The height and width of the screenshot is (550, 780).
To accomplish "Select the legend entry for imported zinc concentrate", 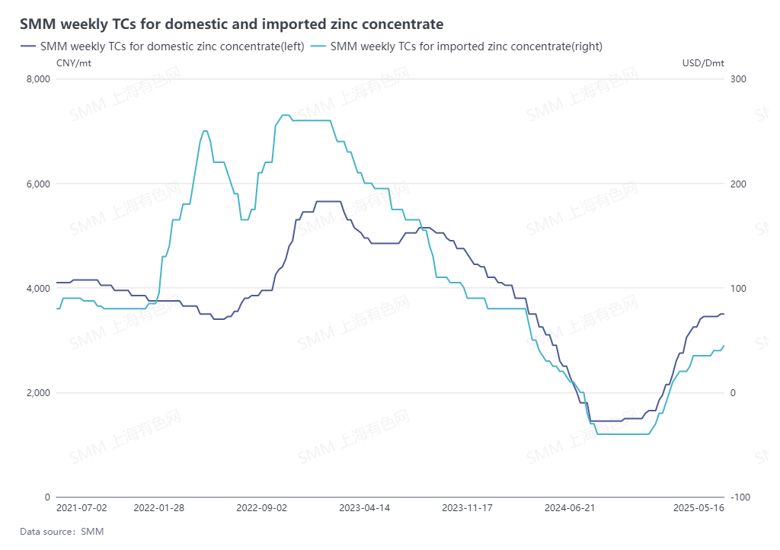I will coord(466,46).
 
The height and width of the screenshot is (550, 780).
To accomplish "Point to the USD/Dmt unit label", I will coord(703,62).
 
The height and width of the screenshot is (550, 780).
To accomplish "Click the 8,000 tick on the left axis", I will coord(37,79).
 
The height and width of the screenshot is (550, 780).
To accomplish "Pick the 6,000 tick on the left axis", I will coord(37,184).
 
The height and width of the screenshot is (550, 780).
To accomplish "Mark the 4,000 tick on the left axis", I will coord(37,288).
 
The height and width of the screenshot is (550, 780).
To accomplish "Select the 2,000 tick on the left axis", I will coord(37,392).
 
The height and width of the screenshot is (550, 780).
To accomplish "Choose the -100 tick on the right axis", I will coord(740,497).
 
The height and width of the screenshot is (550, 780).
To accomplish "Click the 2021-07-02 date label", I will coord(82,507).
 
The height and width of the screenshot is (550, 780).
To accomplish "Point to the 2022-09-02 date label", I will coord(261,507).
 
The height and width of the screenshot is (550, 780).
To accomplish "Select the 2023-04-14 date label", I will coord(364,507).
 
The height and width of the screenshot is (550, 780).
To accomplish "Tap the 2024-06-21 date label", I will coord(570,507).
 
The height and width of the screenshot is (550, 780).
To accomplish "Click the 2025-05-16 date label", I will coord(698,507).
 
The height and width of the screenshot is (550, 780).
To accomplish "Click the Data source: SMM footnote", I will coord(62,531).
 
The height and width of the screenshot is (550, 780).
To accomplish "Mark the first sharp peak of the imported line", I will coord(204,131).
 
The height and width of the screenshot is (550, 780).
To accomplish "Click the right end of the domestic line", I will coord(724,314).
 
